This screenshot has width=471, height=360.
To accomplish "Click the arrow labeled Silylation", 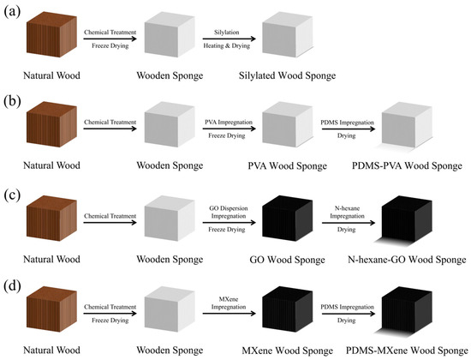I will [x=229, y=39].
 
